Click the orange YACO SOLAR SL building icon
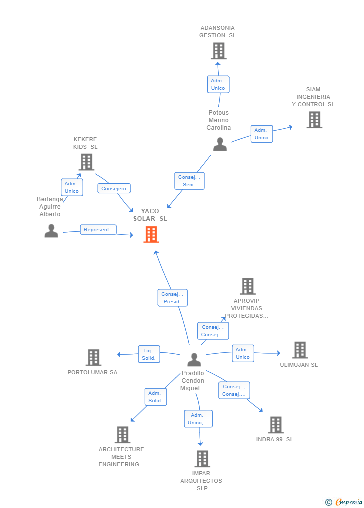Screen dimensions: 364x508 (151, 234)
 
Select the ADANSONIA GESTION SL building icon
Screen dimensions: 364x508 (218, 51)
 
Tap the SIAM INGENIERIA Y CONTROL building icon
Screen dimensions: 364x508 (314, 120)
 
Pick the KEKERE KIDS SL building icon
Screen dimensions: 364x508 (86, 162)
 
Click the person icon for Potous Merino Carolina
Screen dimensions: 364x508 (220, 144)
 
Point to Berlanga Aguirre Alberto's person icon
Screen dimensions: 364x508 (51, 231)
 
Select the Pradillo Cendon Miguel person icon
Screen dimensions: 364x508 (194, 360)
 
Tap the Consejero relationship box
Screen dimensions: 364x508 (114, 188)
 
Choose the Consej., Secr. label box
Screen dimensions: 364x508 (189, 181)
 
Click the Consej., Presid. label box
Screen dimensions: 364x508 (173, 298)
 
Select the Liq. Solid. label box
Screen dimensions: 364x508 (149, 354)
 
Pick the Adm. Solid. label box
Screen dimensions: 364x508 (156, 397)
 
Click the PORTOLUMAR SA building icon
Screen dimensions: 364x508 (94, 357)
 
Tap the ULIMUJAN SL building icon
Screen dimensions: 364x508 (300, 350)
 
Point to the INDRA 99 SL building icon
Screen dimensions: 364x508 (276, 425)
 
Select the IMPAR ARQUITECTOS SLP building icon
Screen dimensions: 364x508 (203, 459)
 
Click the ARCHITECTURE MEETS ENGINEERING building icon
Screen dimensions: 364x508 (123, 435)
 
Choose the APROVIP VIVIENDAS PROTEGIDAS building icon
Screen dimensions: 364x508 (248, 286)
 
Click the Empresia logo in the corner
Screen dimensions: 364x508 (344, 502)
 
